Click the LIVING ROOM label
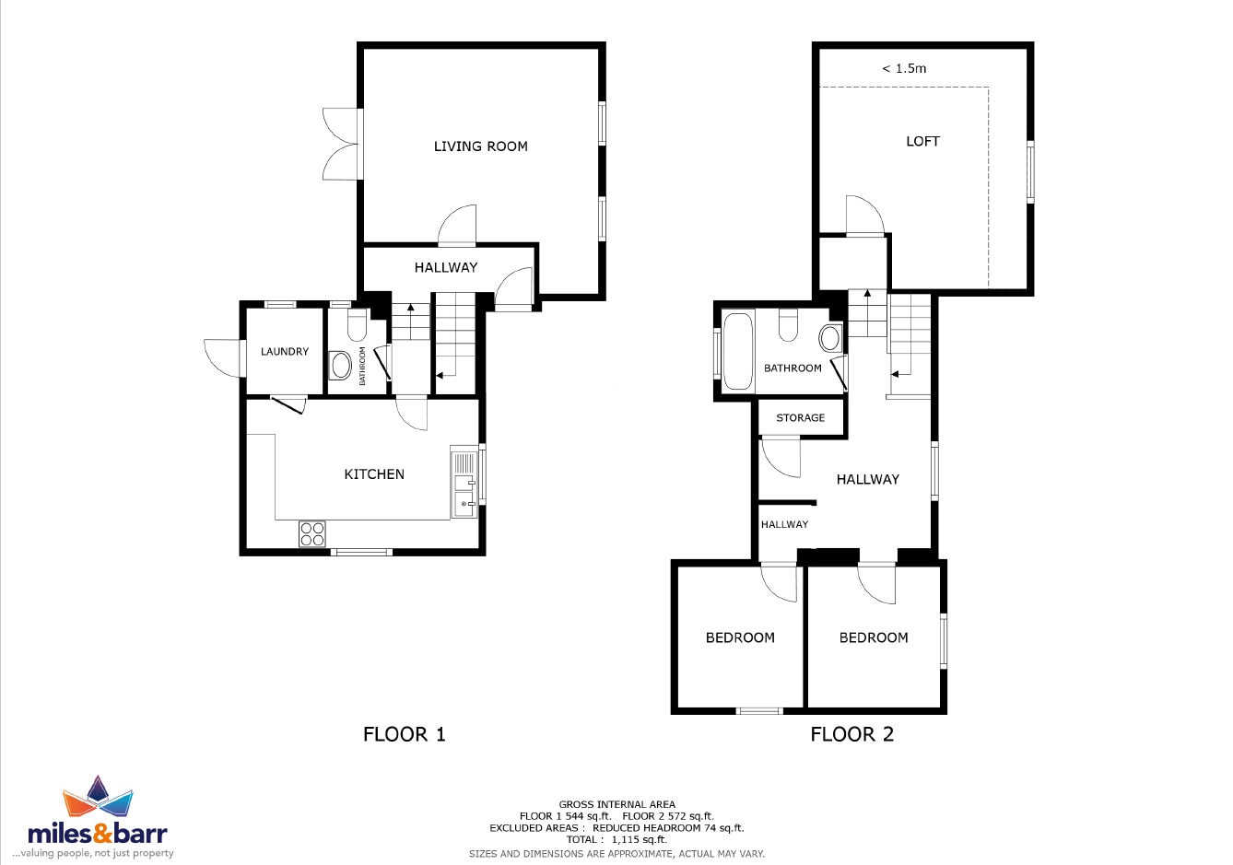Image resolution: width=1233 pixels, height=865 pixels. click(x=480, y=146)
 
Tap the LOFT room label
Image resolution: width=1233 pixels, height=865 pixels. click(x=922, y=142)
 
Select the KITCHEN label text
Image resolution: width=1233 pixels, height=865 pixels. click(x=374, y=474)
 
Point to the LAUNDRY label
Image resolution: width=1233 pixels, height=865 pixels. click(x=285, y=352)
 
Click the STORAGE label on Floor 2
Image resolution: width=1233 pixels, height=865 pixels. click(x=801, y=417)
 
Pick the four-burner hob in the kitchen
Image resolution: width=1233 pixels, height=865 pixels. click(x=312, y=533)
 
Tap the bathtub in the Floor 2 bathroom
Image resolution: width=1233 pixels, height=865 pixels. click(x=737, y=351)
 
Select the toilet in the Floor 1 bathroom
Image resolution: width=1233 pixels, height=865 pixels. click(x=358, y=324)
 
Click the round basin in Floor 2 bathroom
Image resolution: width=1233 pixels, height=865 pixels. click(x=830, y=338)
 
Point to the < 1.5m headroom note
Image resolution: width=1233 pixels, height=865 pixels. click(x=904, y=69)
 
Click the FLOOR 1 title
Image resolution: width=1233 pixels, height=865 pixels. click(x=404, y=734)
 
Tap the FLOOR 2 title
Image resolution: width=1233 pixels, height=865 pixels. click(x=852, y=734)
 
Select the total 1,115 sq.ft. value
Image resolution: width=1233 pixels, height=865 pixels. click(x=639, y=840)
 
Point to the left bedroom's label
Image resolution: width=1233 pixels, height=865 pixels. click(x=740, y=637)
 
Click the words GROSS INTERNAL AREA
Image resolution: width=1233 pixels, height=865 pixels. click(x=617, y=804)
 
